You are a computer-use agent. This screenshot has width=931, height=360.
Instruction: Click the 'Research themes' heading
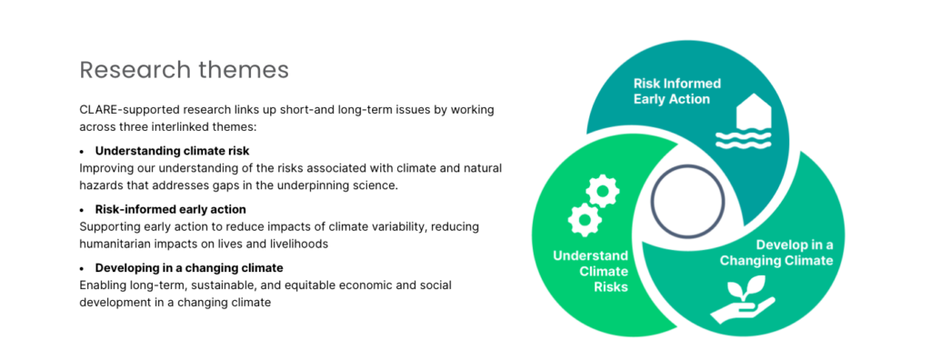(184, 70)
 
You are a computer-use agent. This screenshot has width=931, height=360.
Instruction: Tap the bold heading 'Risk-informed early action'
(170, 210)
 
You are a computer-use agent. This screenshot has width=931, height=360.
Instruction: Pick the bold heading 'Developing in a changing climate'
(189, 268)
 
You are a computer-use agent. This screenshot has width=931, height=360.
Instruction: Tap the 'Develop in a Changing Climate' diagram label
(776, 253)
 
